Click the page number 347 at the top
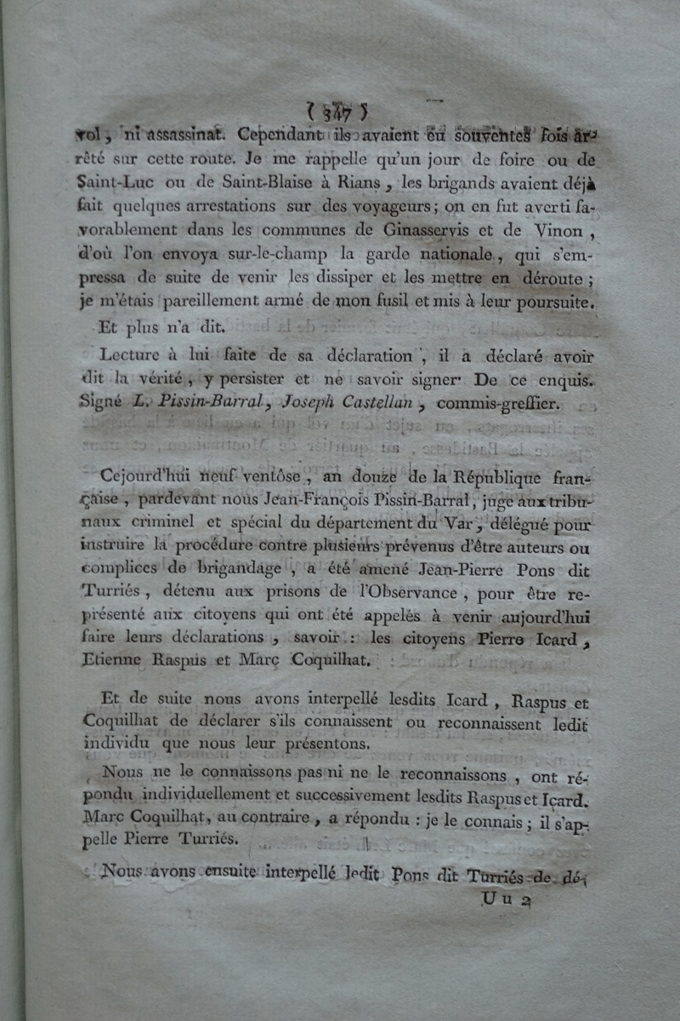337,111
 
